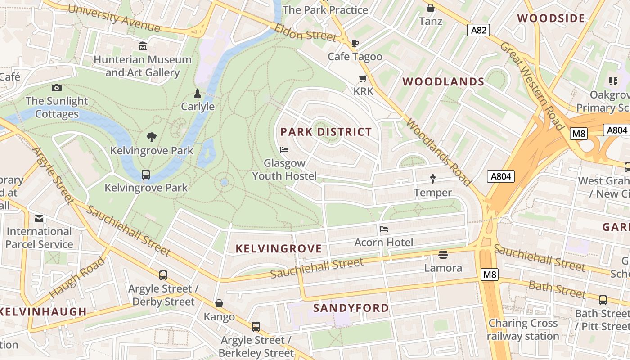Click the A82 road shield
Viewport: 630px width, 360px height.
tap(478, 30)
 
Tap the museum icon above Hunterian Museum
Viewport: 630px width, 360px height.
tap(143, 46)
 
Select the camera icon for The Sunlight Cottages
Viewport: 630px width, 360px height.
tap(57, 88)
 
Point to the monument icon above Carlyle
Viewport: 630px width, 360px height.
tap(197, 94)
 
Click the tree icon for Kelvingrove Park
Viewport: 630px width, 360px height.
tap(152, 137)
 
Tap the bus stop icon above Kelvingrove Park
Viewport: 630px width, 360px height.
tap(146, 175)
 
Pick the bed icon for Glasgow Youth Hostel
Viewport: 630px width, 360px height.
tap(284, 150)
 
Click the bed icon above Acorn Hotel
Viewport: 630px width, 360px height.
tap(383, 229)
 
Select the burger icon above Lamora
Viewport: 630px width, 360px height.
tap(443, 255)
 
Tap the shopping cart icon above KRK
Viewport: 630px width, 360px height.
tap(363, 79)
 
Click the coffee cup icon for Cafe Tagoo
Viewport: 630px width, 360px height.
tap(355, 43)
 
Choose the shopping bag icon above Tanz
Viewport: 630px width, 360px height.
tap(431, 8)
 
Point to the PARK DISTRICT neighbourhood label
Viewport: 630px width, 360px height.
tap(326, 132)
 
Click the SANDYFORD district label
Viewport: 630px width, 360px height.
tap(351, 308)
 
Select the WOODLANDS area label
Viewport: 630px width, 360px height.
tap(443, 82)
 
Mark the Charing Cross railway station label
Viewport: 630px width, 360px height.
tap(523, 329)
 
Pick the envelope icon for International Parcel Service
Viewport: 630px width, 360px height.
tap(39, 219)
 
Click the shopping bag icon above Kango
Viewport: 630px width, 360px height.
tap(219, 303)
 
